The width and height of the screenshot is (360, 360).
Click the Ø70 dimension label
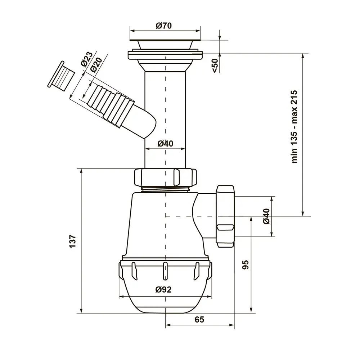(164, 26)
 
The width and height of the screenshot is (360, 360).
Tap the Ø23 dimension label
(86, 59)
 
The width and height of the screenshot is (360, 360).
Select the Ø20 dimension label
(96, 65)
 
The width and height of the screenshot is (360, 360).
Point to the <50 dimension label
(215, 66)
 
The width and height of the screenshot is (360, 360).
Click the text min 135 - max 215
(294, 127)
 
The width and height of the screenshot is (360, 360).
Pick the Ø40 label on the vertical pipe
(165, 144)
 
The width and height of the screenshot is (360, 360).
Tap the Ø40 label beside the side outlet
(266, 216)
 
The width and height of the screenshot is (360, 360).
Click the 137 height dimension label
(72, 241)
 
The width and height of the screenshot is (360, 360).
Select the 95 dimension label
(246, 265)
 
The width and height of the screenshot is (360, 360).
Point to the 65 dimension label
(199, 319)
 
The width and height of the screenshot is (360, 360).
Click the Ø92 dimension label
(163, 289)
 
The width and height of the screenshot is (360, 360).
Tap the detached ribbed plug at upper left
(61, 76)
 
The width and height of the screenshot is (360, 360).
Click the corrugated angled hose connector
(110, 104)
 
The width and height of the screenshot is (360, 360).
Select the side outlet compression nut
(225, 216)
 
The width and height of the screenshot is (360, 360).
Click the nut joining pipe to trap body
(165, 177)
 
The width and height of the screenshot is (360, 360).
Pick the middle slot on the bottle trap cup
(165, 271)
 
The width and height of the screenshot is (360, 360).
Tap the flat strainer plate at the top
(165, 40)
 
